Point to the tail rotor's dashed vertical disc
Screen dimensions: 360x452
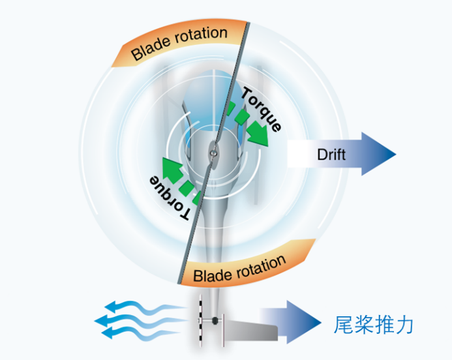(x=202, y=322)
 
